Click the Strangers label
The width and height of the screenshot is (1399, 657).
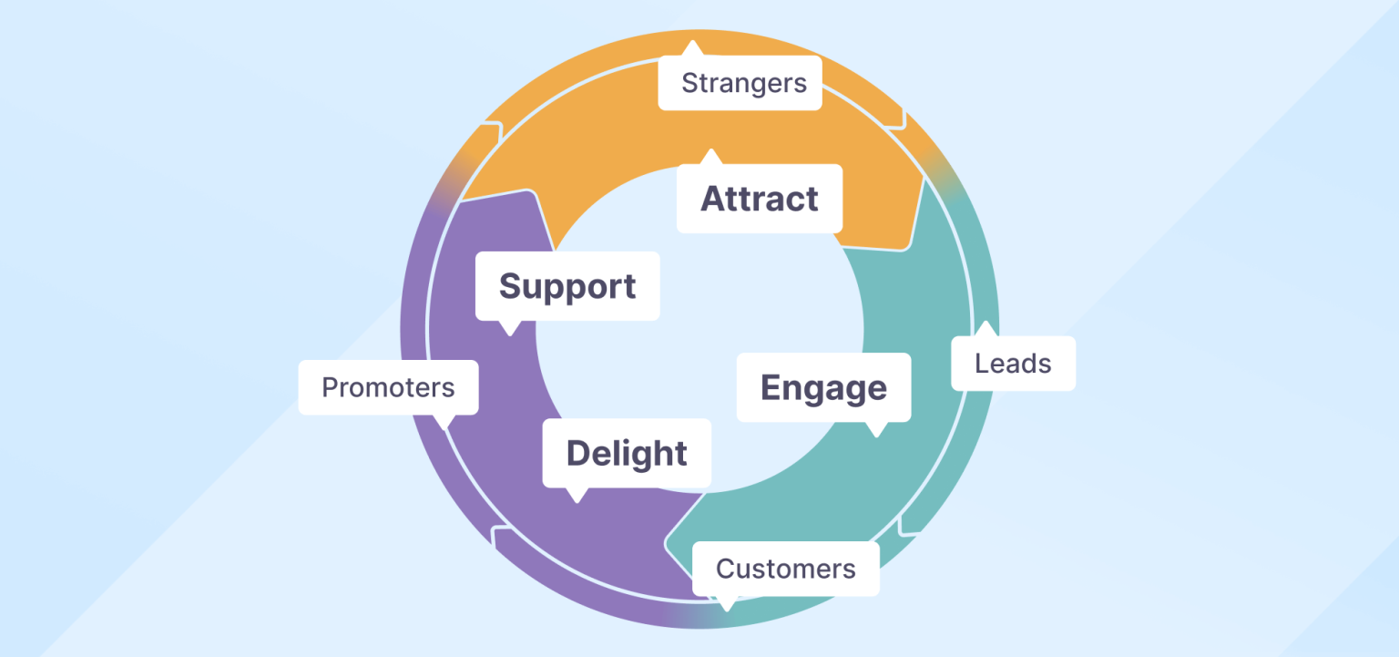point(743,83)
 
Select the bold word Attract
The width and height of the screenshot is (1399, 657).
point(759,199)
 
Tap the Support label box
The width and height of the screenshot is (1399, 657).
point(567,286)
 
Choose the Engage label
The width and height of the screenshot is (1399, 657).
point(823,387)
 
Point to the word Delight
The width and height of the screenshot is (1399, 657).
point(627,453)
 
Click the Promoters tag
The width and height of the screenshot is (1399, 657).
point(388,387)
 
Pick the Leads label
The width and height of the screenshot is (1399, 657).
point(1013,364)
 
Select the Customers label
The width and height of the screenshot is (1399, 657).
point(785,569)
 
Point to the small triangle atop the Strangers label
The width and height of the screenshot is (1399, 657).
point(693,48)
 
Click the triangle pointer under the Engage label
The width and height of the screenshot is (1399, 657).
point(876,429)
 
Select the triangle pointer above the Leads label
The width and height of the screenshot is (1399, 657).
point(985,329)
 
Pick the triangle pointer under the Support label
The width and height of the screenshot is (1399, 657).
point(508,327)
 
